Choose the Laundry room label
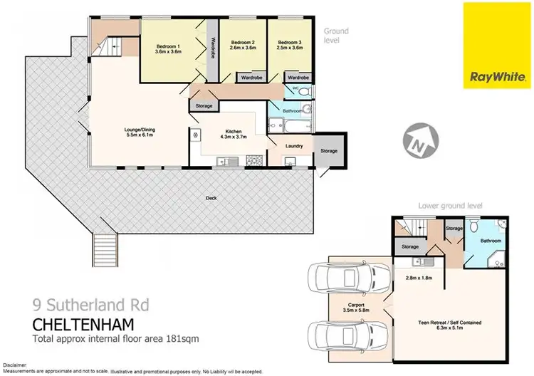point(295,147)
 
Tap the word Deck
point(211,198)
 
